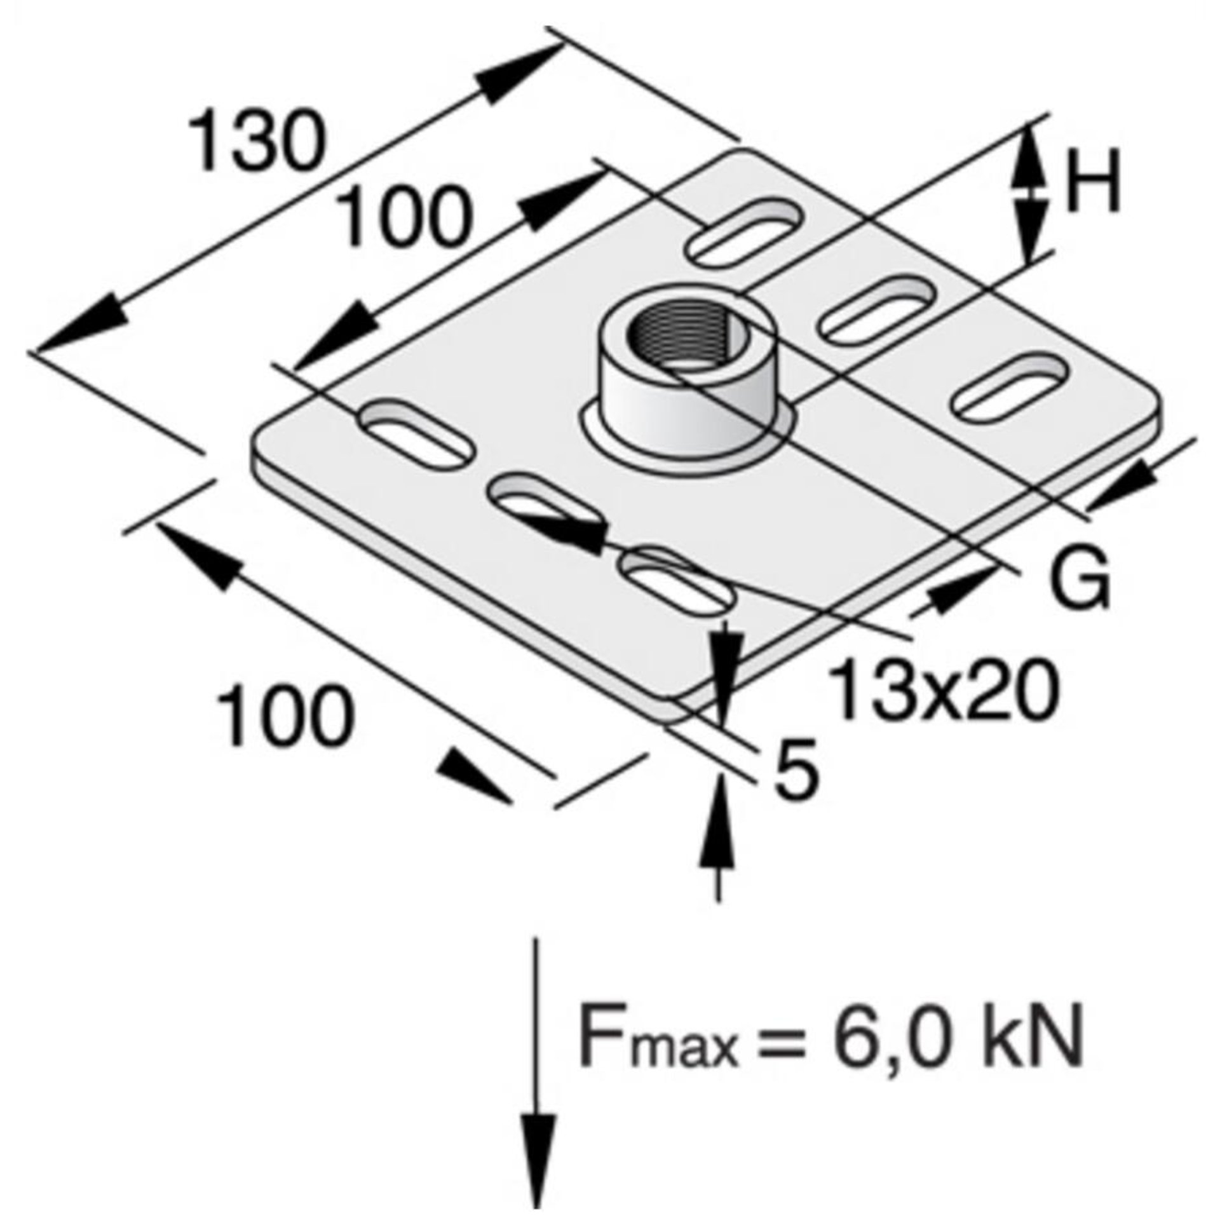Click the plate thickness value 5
pos(795,771)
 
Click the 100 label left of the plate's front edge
pos(283,714)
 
